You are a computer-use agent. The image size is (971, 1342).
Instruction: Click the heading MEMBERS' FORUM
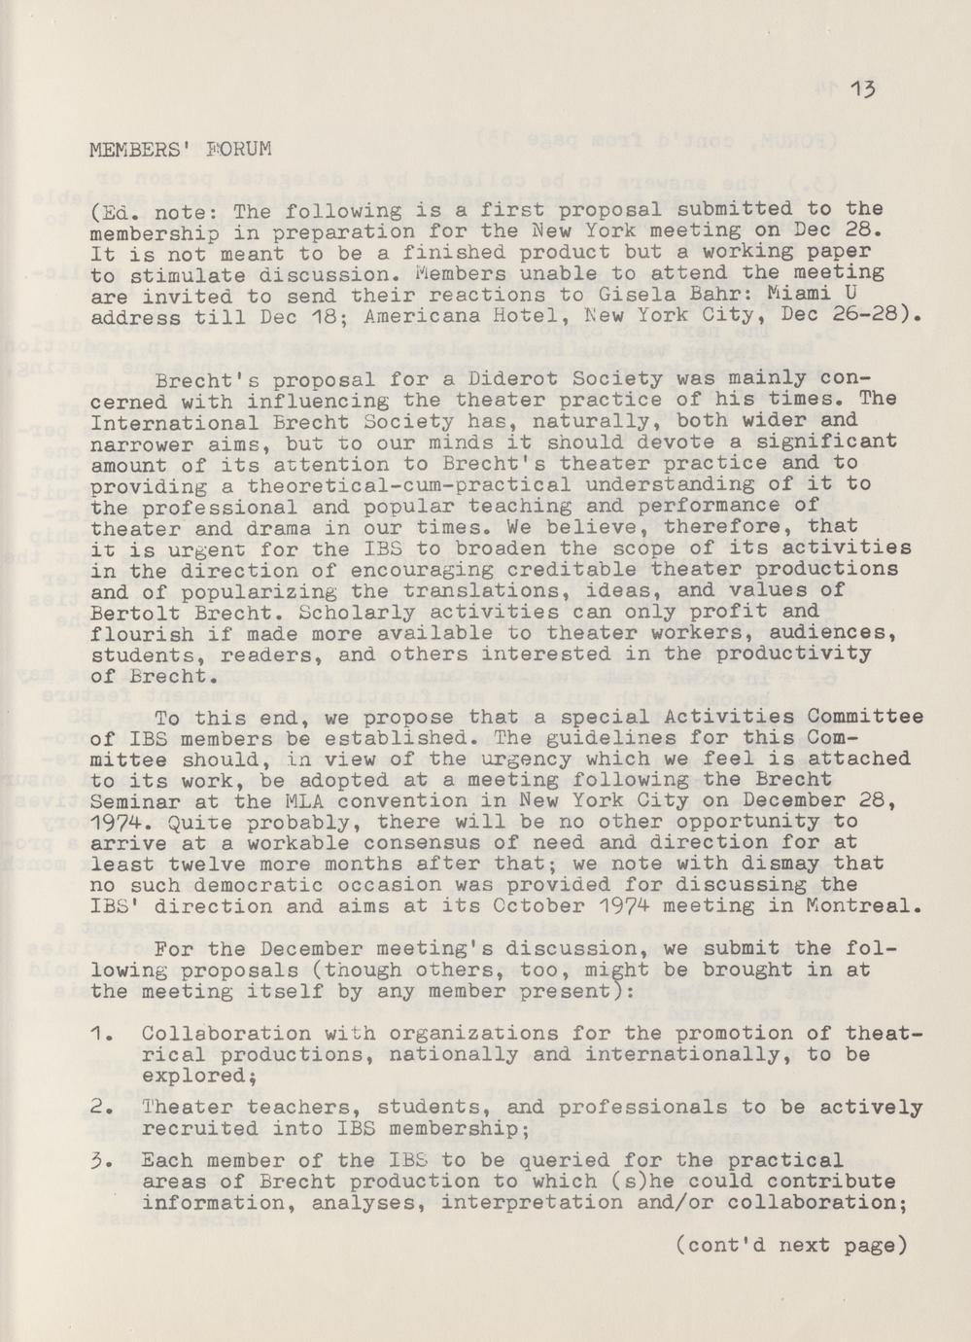(x=180, y=151)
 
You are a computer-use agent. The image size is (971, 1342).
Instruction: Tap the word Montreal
(x=866, y=906)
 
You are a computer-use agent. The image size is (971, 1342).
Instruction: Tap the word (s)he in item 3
(x=631, y=1183)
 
